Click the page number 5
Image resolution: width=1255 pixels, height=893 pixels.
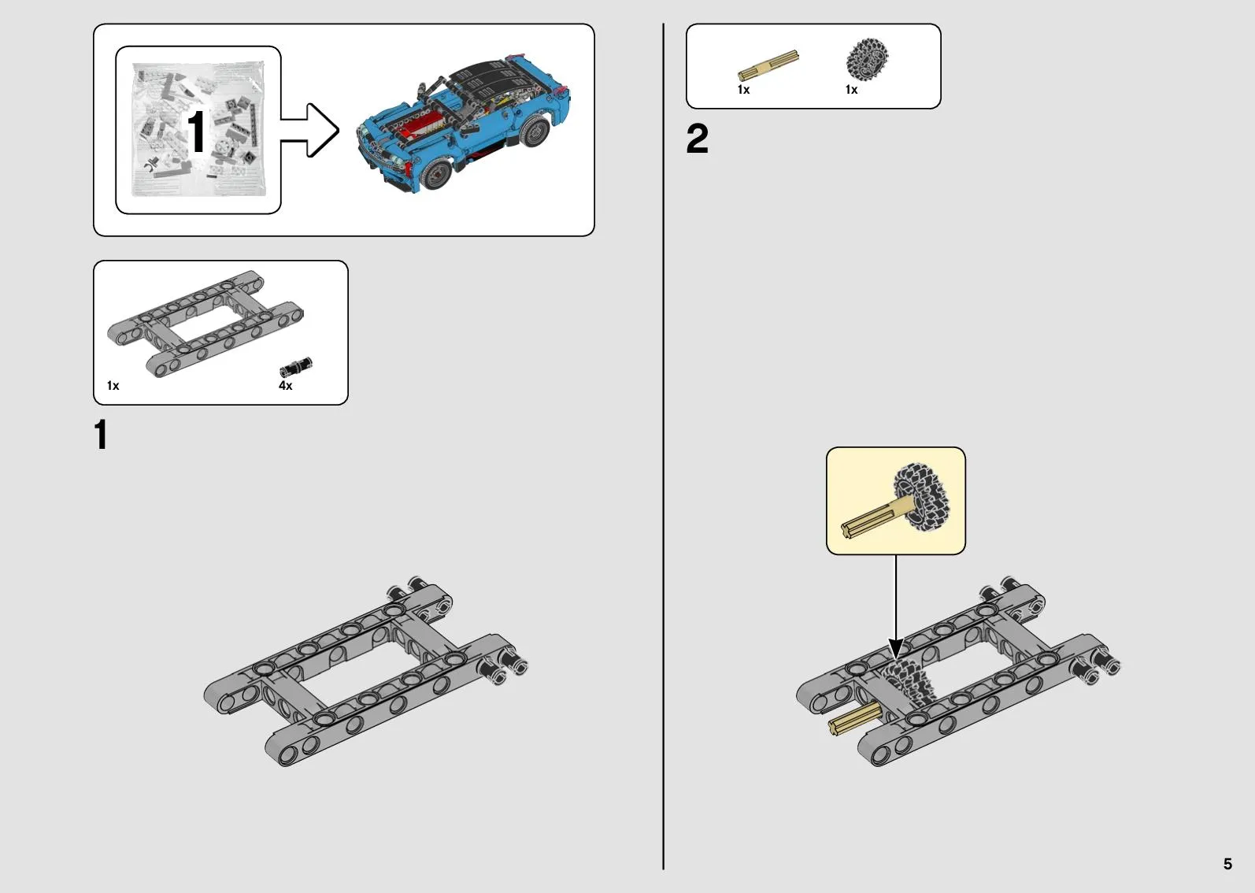point(1227,863)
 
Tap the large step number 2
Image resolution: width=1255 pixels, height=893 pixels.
point(698,139)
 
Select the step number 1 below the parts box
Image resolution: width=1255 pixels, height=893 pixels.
point(101,434)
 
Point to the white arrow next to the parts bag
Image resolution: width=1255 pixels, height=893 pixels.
point(309,130)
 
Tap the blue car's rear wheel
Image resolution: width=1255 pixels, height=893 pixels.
point(533,132)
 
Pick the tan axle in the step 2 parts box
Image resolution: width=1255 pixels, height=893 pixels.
point(768,65)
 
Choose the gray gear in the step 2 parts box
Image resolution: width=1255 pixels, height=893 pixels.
point(867,59)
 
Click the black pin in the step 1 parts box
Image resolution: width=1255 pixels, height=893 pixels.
point(296,367)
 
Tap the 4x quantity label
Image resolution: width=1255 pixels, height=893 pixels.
point(285,385)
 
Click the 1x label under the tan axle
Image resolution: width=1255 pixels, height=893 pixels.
point(743,90)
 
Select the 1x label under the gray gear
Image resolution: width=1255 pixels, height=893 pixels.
point(852,90)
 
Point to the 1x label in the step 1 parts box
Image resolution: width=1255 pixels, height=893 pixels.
point(113,385)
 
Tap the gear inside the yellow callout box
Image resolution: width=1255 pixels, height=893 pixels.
point(922,497)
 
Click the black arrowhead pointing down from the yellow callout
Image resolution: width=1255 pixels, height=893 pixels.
point(895,650)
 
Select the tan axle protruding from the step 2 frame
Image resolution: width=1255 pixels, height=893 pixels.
point(854,719)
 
